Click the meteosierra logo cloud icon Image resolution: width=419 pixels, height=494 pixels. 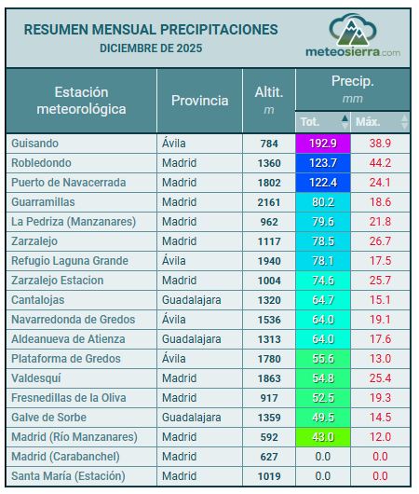click(x=352, y=30)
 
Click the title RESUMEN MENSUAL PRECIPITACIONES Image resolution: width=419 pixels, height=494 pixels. click(x=151, y=29)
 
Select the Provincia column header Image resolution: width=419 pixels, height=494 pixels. click(x=199, y=101)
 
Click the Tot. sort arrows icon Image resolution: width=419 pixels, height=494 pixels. click(x=345, y=122)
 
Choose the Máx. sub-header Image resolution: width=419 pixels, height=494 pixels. click(x=369, y=122)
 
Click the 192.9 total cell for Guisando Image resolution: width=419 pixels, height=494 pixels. click(x=324, y=144)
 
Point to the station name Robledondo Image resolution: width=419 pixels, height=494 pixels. click(x=43, y=163)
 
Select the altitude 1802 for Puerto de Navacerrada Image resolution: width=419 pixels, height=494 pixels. click(x=269, y=183)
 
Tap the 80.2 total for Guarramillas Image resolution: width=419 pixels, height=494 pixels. click(x=324, y=202)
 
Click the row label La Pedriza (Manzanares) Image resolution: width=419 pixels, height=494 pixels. click(x=74, y=222)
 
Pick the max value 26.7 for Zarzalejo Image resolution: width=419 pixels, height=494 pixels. click(x=380, y=241)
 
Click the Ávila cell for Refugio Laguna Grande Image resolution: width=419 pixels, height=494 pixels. click(x=176, y=261)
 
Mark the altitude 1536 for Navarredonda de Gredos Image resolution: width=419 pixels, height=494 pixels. click(x=269, y=320)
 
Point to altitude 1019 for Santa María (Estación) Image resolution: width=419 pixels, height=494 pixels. click(x=269, y=476)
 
